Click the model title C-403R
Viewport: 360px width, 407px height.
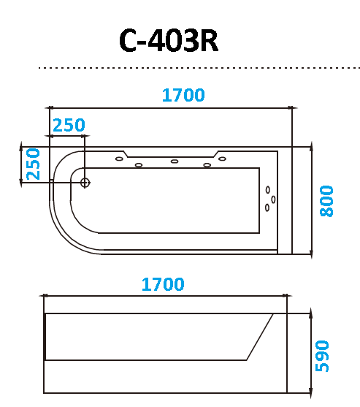[169, 40]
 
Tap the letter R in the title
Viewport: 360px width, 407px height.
[209, 40]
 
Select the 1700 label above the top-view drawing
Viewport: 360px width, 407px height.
[183, 95]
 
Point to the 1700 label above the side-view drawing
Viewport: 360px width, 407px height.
[163, 284]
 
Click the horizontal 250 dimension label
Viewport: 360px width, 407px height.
[69, 125]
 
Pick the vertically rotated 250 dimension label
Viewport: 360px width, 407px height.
[33, 164]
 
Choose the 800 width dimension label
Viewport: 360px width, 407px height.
[326, 201]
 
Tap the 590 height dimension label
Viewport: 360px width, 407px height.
[322, 356]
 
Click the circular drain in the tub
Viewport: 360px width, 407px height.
[85, 183]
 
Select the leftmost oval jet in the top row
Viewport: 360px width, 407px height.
[119, 159]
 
